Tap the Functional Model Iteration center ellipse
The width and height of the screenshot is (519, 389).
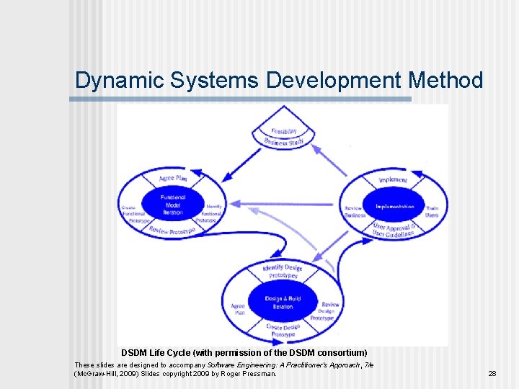[x=173, y=205]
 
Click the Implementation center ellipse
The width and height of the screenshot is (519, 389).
[x=394, y=207]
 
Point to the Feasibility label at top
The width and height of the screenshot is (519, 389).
[x=284, y=132]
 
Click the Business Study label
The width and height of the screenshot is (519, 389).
[x=283, y=143]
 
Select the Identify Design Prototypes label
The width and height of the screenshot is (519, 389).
[x=283, y=272]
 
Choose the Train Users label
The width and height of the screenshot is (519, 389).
[x=432, y=212]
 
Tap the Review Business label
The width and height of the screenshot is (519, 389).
[x=354, y=212]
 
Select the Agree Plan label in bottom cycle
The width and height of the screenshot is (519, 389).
[x=238, y=309]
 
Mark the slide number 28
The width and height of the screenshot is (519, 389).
[x=492, y=374]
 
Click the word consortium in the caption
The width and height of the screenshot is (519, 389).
[x=339, y=353]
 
